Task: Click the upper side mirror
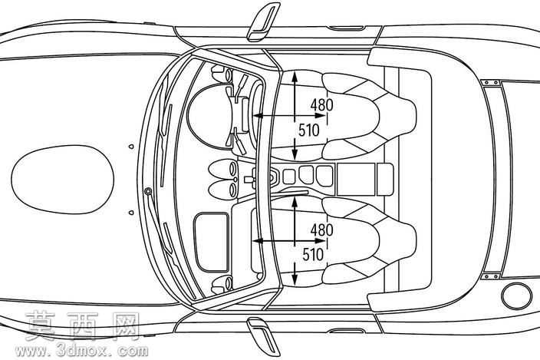click(263, 22)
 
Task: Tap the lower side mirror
click(263, 336)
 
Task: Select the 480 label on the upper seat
click(321, 104)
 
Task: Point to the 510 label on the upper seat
click(309, 130)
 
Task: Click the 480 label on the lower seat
click(321, 230)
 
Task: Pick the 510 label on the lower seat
click(313, 255)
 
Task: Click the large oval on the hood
click(63, 180)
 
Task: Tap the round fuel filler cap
click(516, 296)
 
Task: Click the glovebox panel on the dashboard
click(212, 243)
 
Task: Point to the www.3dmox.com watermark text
click(81, 351)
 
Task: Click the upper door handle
click(346, 28)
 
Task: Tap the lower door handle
click(346, 331)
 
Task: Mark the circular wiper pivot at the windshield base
click(149, 191)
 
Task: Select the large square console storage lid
click(356, 179)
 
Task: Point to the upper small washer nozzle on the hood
click(131, 147)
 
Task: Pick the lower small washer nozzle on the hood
click(131, 213)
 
